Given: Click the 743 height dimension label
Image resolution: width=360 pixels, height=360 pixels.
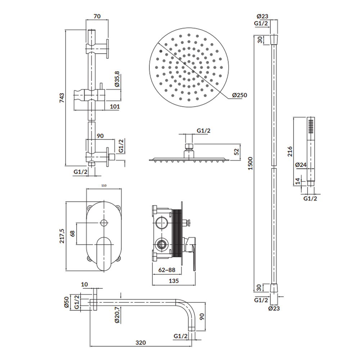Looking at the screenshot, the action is click(x=62, y=98).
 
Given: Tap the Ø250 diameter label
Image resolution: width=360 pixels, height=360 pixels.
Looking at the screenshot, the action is click(x=239, y=95).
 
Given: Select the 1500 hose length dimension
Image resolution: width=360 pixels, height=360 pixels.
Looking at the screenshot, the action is click(x=250, y=163).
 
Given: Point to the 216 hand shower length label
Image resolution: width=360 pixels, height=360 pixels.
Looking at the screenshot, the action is click(x=290, y=152).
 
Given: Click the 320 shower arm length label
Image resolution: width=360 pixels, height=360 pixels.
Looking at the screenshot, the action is click(x=140, y=343).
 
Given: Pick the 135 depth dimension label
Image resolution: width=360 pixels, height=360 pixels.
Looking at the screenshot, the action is click(x=174, y=281).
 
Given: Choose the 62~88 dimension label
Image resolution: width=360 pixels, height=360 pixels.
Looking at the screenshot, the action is click(x=167, y=270).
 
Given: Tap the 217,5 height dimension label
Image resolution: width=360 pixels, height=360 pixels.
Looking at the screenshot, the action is click(x=62, y=236).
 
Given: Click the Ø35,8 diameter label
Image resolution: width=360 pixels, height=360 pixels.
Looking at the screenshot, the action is click(x=117, y=79).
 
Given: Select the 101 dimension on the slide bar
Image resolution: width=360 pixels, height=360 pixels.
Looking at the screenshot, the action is click(x=115, y=107).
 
